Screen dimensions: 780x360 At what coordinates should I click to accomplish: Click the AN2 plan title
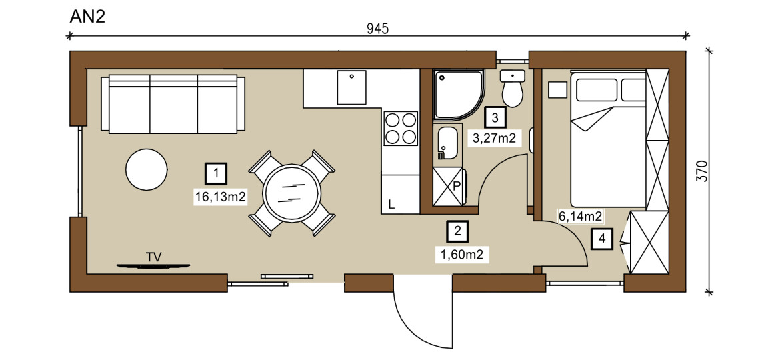coord(87,16)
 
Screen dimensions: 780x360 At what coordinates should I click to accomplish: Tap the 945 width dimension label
coord(377,29)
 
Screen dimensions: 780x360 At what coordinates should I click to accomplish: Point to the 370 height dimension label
coord(702,171)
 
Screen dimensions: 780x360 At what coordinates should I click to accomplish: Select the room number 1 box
coord(216,174)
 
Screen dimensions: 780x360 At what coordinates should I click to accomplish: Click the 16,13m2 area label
coord(221,197)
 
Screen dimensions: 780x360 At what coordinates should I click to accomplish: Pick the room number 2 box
coord(457,231)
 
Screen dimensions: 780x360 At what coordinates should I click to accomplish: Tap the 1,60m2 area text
coord(461,255)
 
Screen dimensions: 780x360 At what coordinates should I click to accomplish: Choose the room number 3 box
coord(495,118)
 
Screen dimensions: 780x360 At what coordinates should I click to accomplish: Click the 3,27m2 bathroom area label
coord(495,139)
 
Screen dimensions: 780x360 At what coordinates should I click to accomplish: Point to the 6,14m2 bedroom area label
coord(581,216)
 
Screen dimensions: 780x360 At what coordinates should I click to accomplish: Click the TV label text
coord(154,257)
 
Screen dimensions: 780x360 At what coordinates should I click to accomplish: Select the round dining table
coord(291,193)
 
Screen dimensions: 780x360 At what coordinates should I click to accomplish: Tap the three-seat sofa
coord(173,104)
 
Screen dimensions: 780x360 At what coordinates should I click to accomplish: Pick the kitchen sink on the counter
coord(352,87)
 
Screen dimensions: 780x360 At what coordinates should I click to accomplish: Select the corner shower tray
coord(457,95)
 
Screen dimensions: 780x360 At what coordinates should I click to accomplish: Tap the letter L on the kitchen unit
coord(391,204)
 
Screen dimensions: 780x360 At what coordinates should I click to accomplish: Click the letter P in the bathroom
coord(457,187)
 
